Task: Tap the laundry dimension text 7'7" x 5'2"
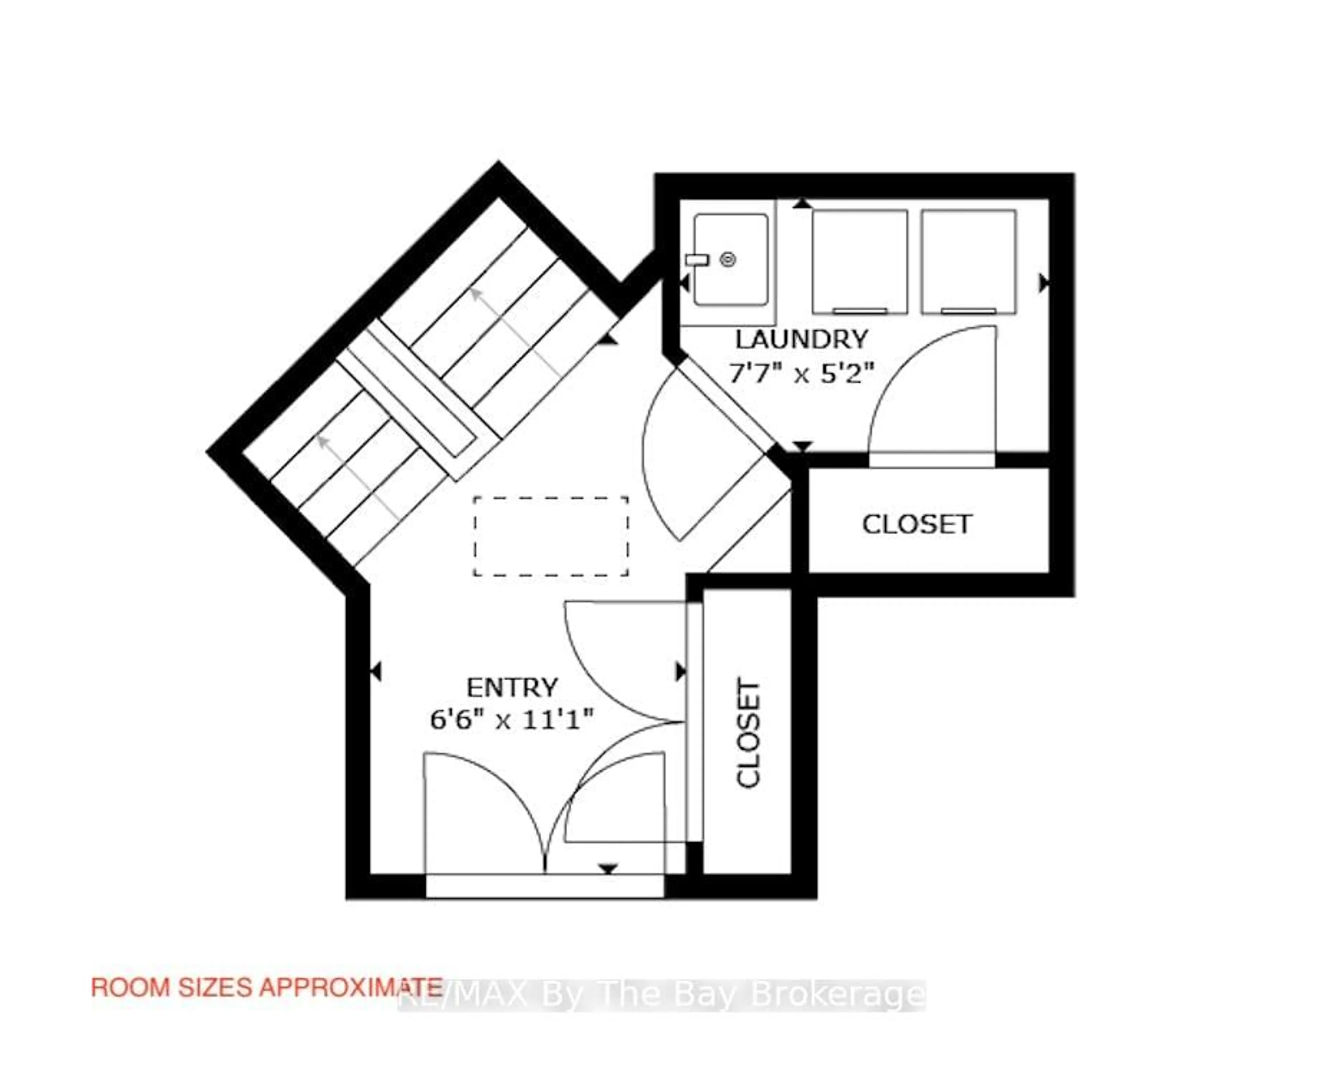(x=801, y=375)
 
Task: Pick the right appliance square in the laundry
(x=968, y=261)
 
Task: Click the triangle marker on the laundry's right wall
(x=1043, y=283)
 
